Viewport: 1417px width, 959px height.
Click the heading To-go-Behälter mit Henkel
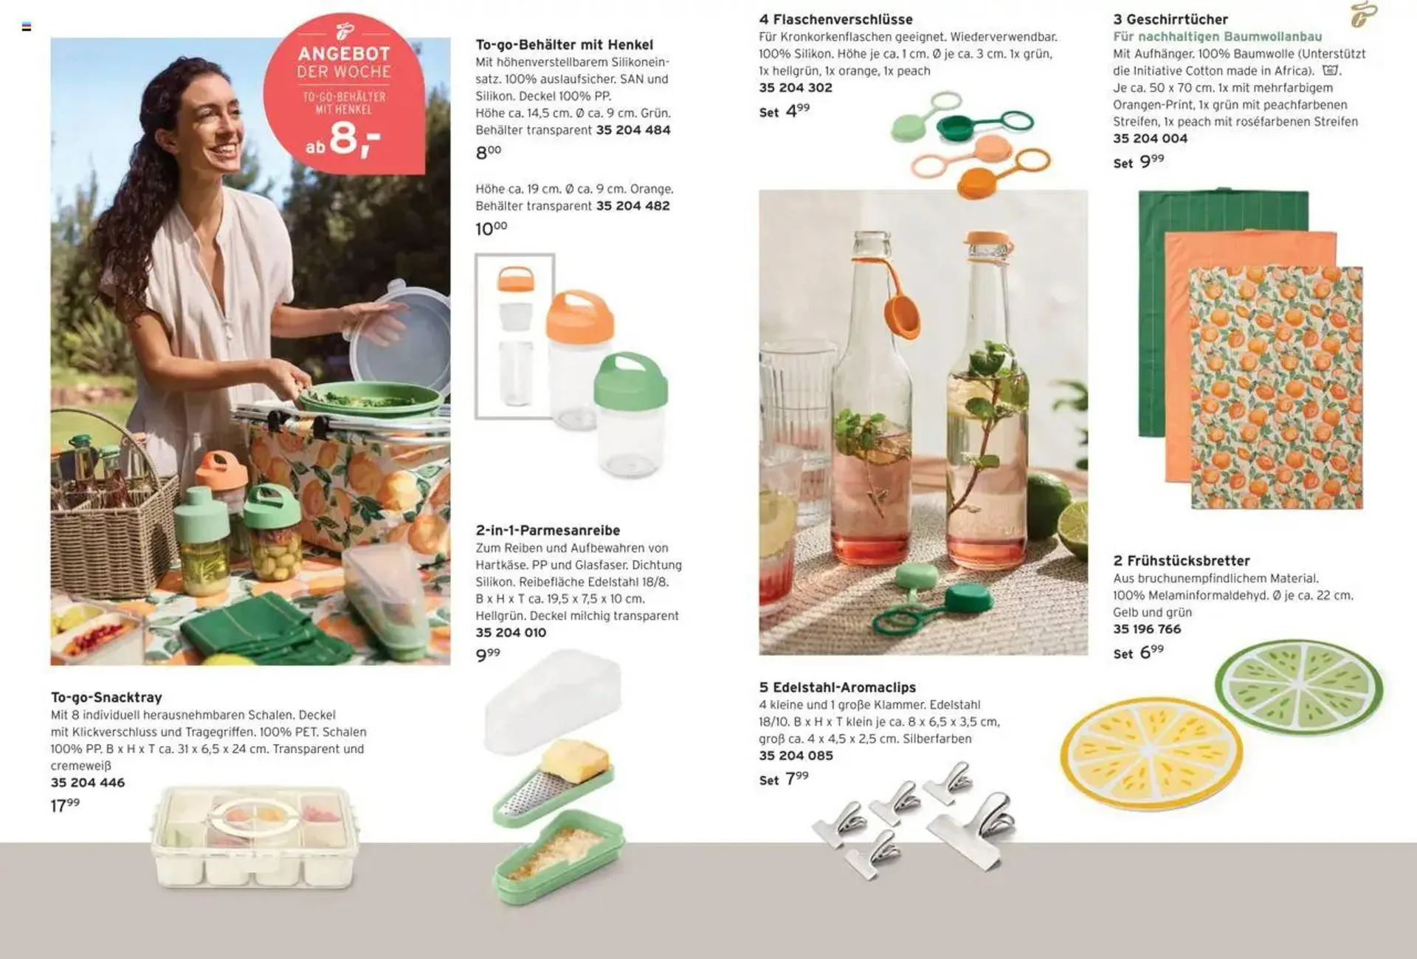tap(565, 45)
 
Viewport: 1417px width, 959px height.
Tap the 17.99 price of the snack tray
tap(65, 805)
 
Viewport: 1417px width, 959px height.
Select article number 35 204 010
tap(511, 633)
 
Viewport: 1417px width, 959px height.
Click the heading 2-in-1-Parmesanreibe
tap(548, 530)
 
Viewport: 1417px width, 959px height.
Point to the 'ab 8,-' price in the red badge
tap(343, 139)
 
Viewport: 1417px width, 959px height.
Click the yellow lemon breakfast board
tap(1151, 752)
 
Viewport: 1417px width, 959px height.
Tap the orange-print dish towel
tap(1276, 388)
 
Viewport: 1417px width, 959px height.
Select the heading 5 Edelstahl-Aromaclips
tap(837, 687)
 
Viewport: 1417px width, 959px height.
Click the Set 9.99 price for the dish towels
tap(1139, 161)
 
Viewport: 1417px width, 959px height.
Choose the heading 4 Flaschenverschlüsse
tap(835, 19)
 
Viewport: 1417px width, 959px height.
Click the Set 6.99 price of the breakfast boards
tap(1139, 653)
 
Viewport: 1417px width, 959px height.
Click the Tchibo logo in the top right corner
tap(1363, 15)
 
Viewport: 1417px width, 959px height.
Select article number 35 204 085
tap(796, 756)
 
